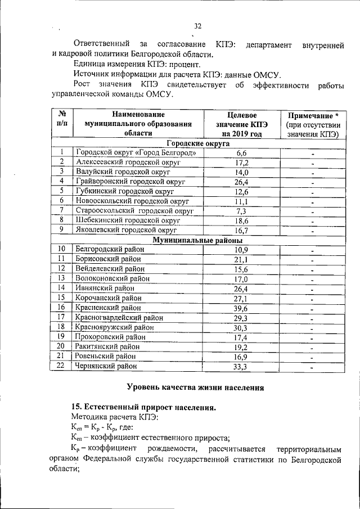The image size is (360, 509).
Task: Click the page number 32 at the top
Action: [x=197, y=26]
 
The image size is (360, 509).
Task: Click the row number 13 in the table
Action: [x=62, y=278]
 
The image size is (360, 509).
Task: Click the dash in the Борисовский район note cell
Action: [x=312, y=260]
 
